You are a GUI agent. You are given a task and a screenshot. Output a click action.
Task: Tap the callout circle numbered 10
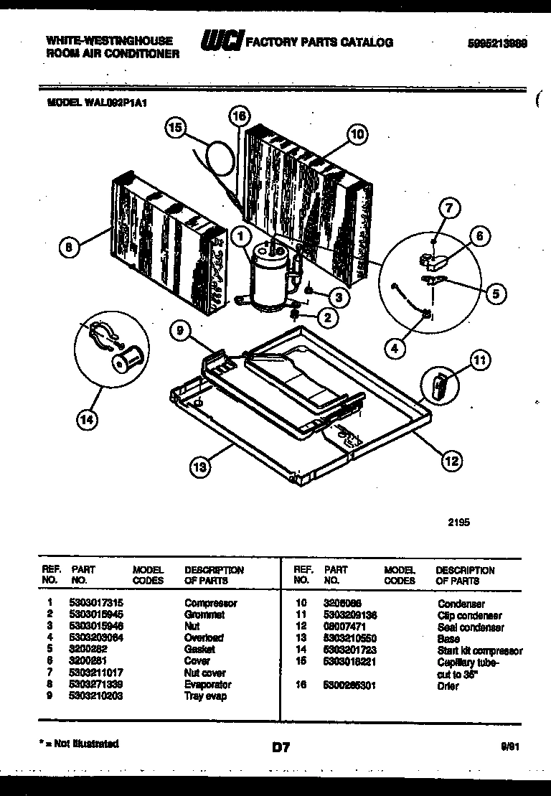pyautogui.click(x=357, y=134)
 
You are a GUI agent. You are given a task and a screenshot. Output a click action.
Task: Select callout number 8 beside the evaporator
pyautogui.click(x=68, y=246)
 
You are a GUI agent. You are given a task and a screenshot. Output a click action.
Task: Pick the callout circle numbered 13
pyautogui.click(x=200, y=468)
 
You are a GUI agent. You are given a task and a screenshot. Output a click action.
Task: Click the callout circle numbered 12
pyautogui.click(x=451, y=462)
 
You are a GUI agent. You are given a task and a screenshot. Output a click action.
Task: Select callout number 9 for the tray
pyautogui.click(x=182, y=332)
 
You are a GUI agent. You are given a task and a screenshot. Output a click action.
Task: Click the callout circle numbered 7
pyautogui.click(x=448, y=210)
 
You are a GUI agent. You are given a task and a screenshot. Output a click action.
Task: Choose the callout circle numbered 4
pyautogui.click(x=394, y=349)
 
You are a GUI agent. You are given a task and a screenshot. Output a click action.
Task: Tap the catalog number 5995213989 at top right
pyautogui.click(x=497, y=42)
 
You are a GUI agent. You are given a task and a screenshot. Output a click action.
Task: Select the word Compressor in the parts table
pyautogui.click(x=210, y=604)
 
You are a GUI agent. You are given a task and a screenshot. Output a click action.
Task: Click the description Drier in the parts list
pyautogui.click(x=447, y=685)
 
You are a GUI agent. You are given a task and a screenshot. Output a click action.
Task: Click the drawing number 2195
pyautogui.click(x=458, y=523)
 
